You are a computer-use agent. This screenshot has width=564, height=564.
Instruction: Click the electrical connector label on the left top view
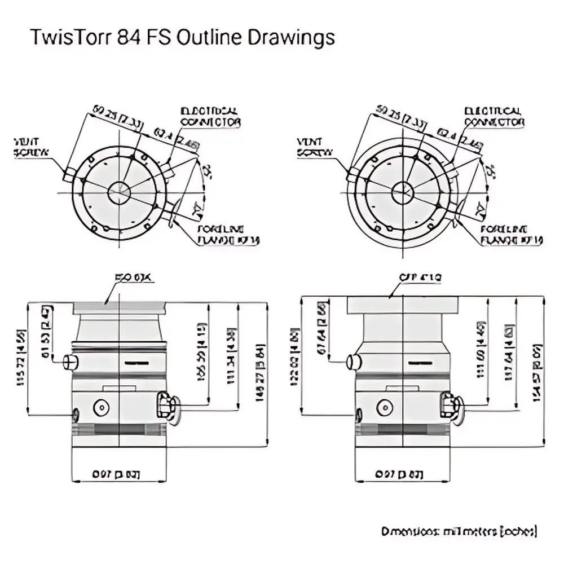[210, 116]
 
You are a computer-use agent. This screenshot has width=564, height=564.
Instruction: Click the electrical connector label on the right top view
[494, 116]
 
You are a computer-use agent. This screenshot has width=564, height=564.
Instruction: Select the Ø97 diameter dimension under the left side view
[116, 474]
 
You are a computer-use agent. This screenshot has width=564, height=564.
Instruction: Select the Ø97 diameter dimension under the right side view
[399, 474]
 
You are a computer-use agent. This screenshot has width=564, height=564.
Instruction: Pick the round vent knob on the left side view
[69, 361]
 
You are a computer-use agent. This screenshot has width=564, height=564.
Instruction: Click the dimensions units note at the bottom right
[459, 531]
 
